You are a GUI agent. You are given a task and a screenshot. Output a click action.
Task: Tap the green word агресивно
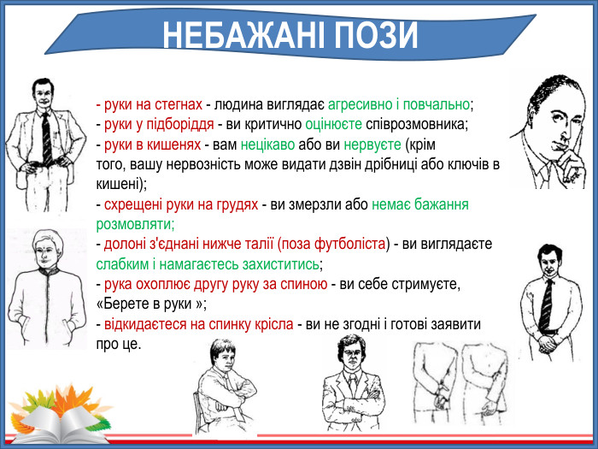tap(360, 104)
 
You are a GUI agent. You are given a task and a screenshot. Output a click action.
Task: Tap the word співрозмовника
tap(410, 124)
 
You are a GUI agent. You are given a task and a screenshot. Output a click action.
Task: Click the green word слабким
tap(120, 263)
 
